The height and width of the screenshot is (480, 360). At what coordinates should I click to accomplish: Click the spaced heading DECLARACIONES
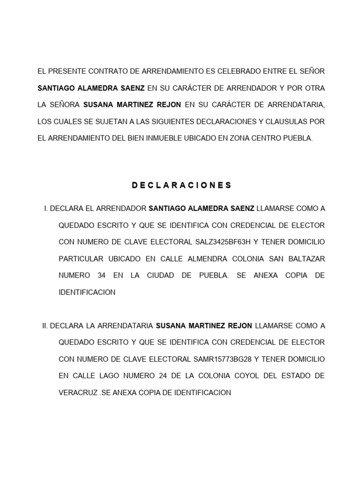click(182, 185)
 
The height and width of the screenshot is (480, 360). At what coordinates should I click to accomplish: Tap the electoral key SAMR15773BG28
click(222, 359)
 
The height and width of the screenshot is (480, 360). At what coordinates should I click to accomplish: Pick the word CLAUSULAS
click(286, 121)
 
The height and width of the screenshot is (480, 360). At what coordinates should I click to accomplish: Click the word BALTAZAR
click(306, 259)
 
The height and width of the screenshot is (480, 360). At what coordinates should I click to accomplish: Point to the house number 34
click(101, 276)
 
